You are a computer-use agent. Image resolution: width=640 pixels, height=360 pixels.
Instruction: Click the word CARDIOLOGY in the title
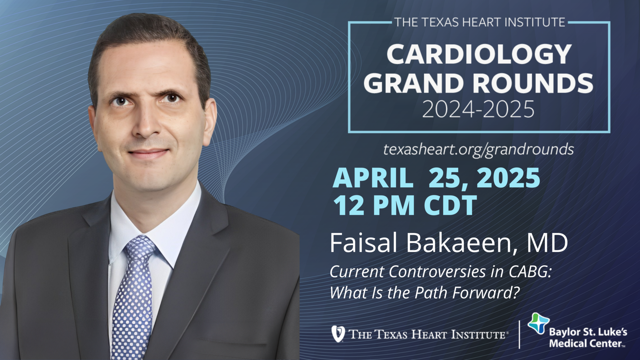click(x=479, y=54)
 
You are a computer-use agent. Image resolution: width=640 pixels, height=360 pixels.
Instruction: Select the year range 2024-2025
click(x=478, y=109)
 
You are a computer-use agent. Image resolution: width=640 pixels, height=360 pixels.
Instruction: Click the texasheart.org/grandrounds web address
click(x=478, y=149)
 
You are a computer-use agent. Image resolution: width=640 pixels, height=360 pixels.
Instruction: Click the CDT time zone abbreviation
click(x=450, y=205)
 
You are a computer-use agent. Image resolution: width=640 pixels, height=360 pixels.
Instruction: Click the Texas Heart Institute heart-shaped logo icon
click(x=338, y=334)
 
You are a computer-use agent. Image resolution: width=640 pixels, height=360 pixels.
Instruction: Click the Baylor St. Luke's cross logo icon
click(x=538, y=323)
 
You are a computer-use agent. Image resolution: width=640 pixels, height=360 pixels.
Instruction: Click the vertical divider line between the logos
click(x=519, y=334)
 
